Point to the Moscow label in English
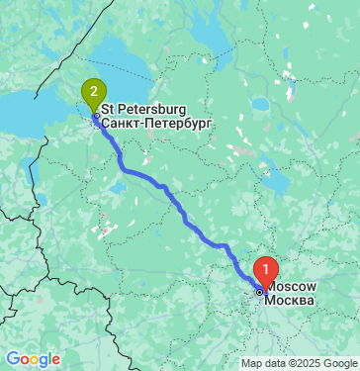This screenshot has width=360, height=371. click(x=293, y=286)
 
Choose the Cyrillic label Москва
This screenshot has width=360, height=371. click(x=293, y=300)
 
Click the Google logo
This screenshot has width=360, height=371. click(x=33, y=359)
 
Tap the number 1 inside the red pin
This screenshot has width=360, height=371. click(x=266, y=267)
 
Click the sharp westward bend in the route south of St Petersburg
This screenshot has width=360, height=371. click(x=122, y=166)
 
